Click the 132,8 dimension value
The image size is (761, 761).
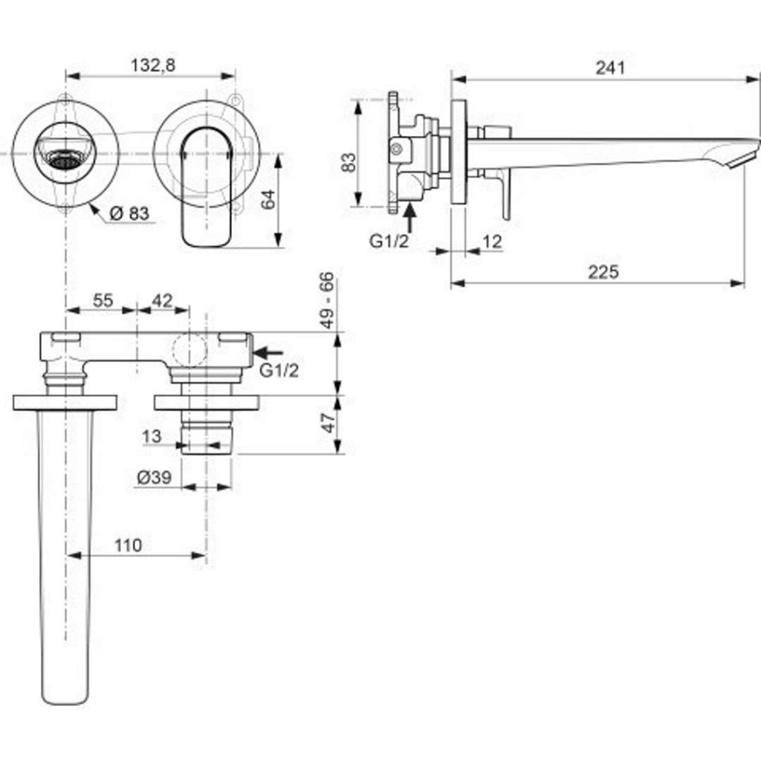click(153, 65)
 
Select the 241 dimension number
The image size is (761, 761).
click(610, 68)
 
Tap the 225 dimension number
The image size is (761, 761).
click(603, 272)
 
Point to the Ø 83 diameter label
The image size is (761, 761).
click(129, 213)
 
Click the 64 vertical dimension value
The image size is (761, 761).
click(268, 200)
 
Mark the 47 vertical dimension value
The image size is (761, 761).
click(328, 424)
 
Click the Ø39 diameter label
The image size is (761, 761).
click(154, 478)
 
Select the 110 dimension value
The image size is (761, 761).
click(128, 545)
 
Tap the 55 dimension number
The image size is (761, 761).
click(103, 300)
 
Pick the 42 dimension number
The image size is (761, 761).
click(162, 300)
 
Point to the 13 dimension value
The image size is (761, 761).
click(152, 437)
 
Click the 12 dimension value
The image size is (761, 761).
click(492, 242)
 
